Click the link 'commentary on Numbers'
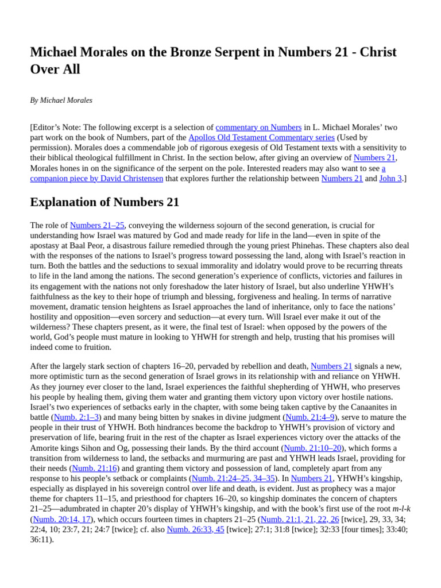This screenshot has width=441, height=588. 258,127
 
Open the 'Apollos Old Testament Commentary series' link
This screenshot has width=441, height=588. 261,137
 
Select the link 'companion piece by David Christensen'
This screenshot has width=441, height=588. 96,179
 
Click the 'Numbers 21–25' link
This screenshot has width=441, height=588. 97,225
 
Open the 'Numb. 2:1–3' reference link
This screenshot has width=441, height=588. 76,417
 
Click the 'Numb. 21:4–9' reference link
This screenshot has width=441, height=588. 311,417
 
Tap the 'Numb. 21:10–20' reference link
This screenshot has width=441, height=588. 312,448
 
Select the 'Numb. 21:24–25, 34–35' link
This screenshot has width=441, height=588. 233,478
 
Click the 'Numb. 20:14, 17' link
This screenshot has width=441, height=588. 61,519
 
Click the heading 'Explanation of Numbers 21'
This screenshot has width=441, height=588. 105,202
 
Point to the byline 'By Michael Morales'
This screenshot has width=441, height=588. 61,100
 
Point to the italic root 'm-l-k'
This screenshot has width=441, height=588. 401,509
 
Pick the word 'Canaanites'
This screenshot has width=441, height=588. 375,407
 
